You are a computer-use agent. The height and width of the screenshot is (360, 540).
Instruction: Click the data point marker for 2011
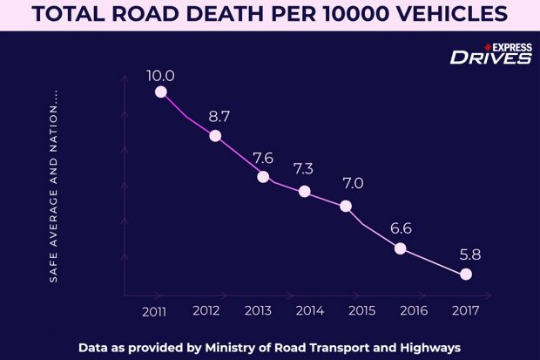pyautogui.click(x=160, y=92)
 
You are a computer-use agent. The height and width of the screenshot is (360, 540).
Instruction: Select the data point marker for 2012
pyautogui.click(x=215, y=136)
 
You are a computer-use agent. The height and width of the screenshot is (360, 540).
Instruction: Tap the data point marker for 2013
pyautogui.click(x=264, y=176)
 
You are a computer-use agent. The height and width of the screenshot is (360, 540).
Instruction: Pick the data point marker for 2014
pyautogui.click(x=305, y=192)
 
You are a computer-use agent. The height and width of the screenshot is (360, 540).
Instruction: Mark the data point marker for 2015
pyautogui.click(x=346, y=207)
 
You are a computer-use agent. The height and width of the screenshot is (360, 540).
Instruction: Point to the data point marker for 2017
pyautogui.click(x=466, y=275)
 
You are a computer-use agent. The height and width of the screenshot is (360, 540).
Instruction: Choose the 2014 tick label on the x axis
pyautogui.click(x=310, y=310)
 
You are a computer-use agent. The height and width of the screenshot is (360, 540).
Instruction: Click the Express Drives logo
pyautogui.click(x=490, y=53)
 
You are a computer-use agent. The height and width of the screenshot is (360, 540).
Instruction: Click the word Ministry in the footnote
pyautogui.click(x=235, y=346)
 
